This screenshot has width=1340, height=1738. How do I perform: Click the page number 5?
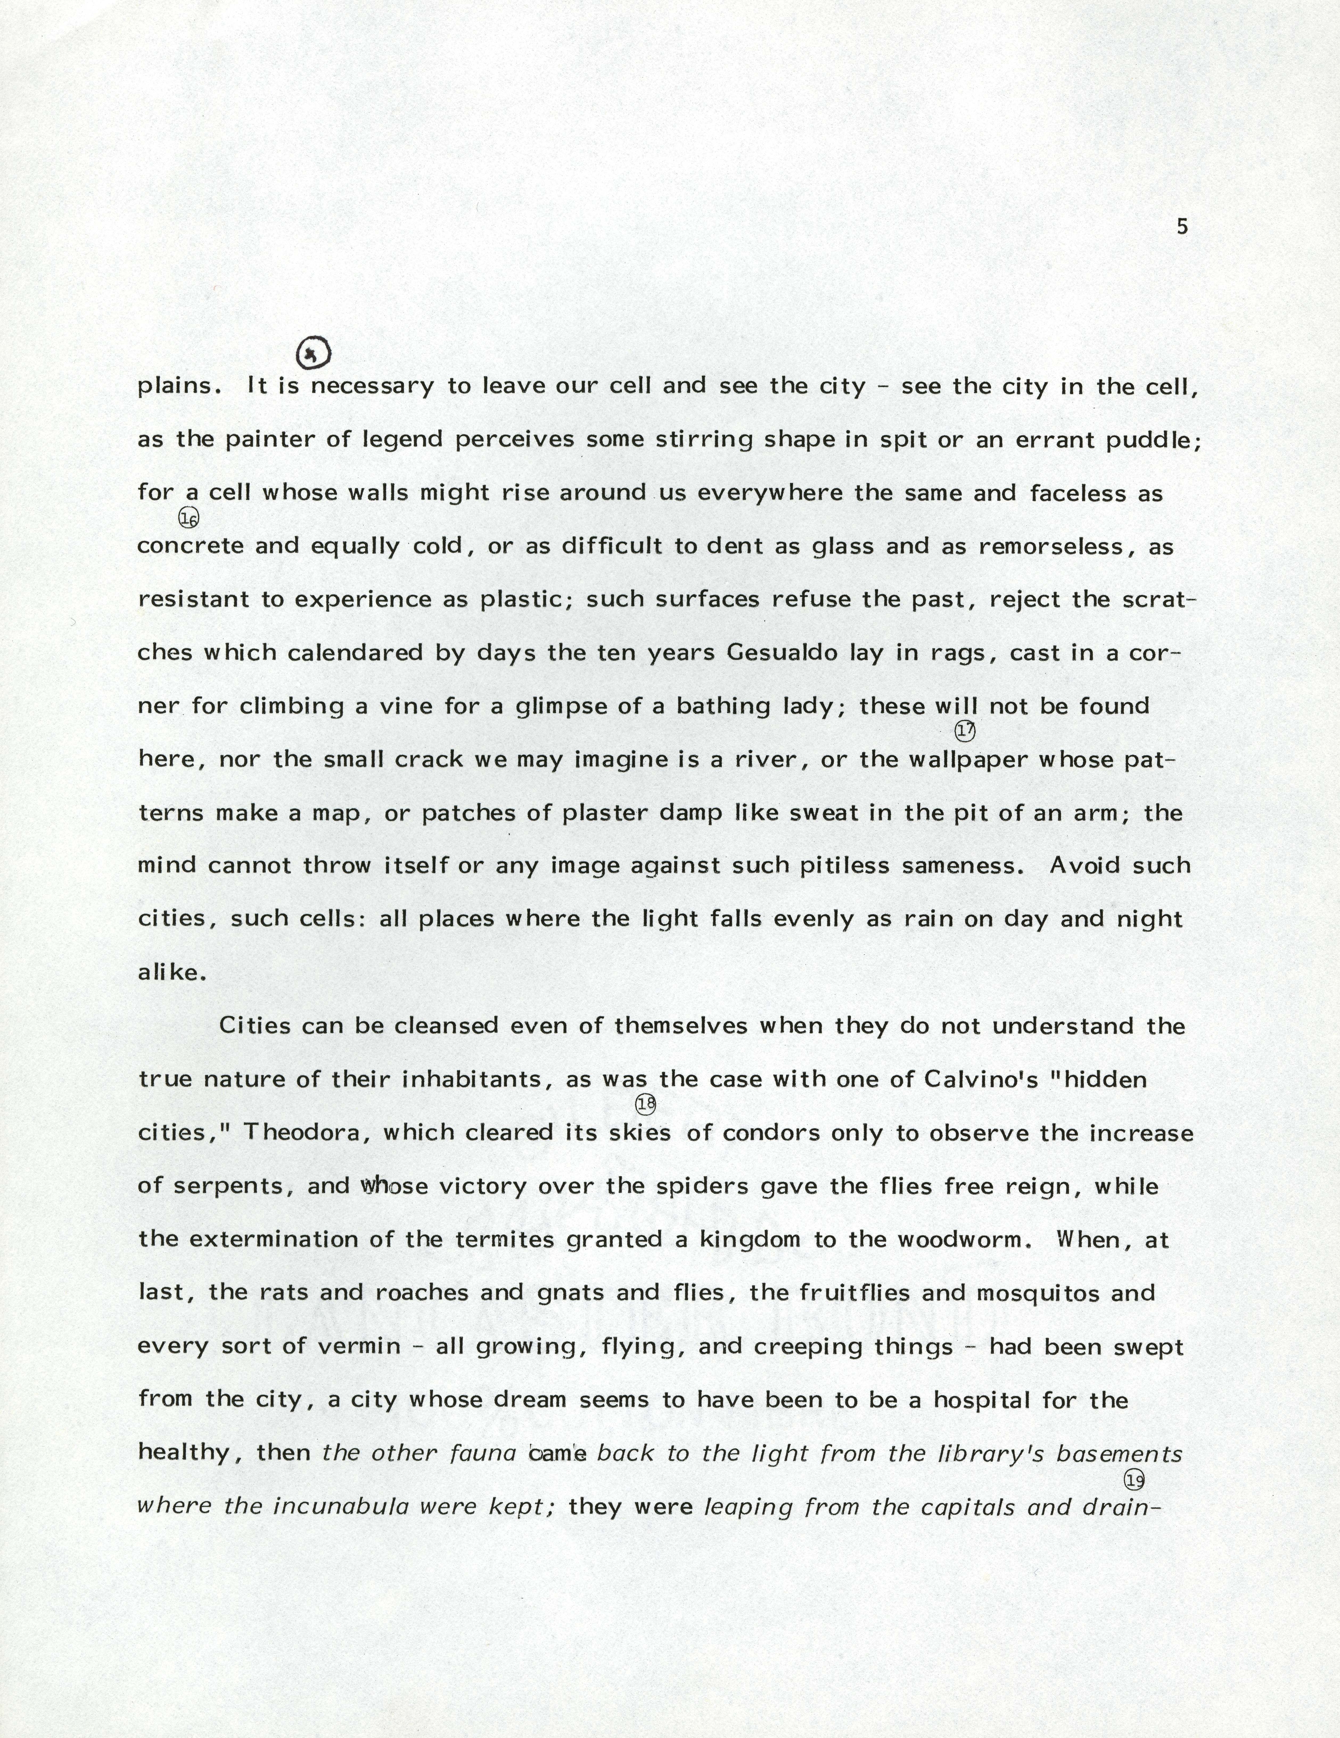(1182, 227)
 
